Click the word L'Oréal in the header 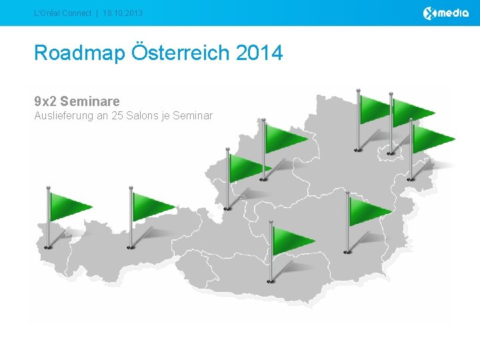point(49,13)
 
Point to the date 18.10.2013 point(123,13)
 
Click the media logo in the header point(446,13)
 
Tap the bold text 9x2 point(45,101)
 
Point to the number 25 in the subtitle point(119,116)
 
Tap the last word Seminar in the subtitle point(193,116)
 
